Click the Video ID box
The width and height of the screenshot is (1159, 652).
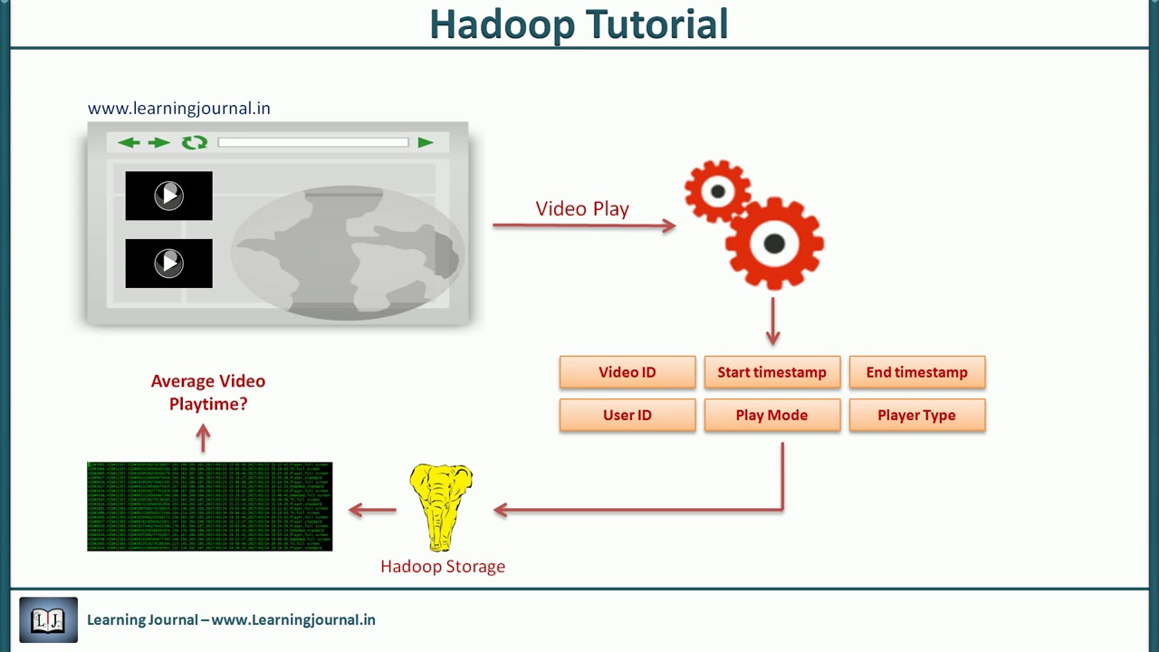(x=627, y=372)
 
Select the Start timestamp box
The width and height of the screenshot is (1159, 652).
(x=771, y=372)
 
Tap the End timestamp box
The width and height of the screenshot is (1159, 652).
(x=916, y=372)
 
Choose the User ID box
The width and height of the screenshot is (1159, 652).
(x=627, y=415)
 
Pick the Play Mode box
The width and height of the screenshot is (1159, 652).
(x=771, y=415)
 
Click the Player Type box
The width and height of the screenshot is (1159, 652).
(x=916, y=415)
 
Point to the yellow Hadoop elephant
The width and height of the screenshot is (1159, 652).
(x=441, y=505)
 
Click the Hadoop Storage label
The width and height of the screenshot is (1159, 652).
(x=443, y=567)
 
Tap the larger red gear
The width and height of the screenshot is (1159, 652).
(x=774, y=243)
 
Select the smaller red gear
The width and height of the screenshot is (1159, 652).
(x=717, y=191)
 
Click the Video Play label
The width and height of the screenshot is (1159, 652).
(x=582, y=209)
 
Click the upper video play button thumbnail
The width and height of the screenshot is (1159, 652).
(x=168, y=196)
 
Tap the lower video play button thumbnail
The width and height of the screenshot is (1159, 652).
(x=168, y=264)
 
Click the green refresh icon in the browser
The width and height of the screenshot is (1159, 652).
(x=195, y=142)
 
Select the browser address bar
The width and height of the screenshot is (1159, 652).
(x=313, y=142)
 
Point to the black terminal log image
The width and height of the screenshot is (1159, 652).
(x=209, y=506)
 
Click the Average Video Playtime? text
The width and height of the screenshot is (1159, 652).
(x=208, y=392)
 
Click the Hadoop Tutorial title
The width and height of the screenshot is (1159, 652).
(x=579, y=24)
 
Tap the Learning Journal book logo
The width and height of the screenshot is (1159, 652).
(x=48, y=620)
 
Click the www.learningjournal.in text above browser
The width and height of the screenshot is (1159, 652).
(x=178, y=109)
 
